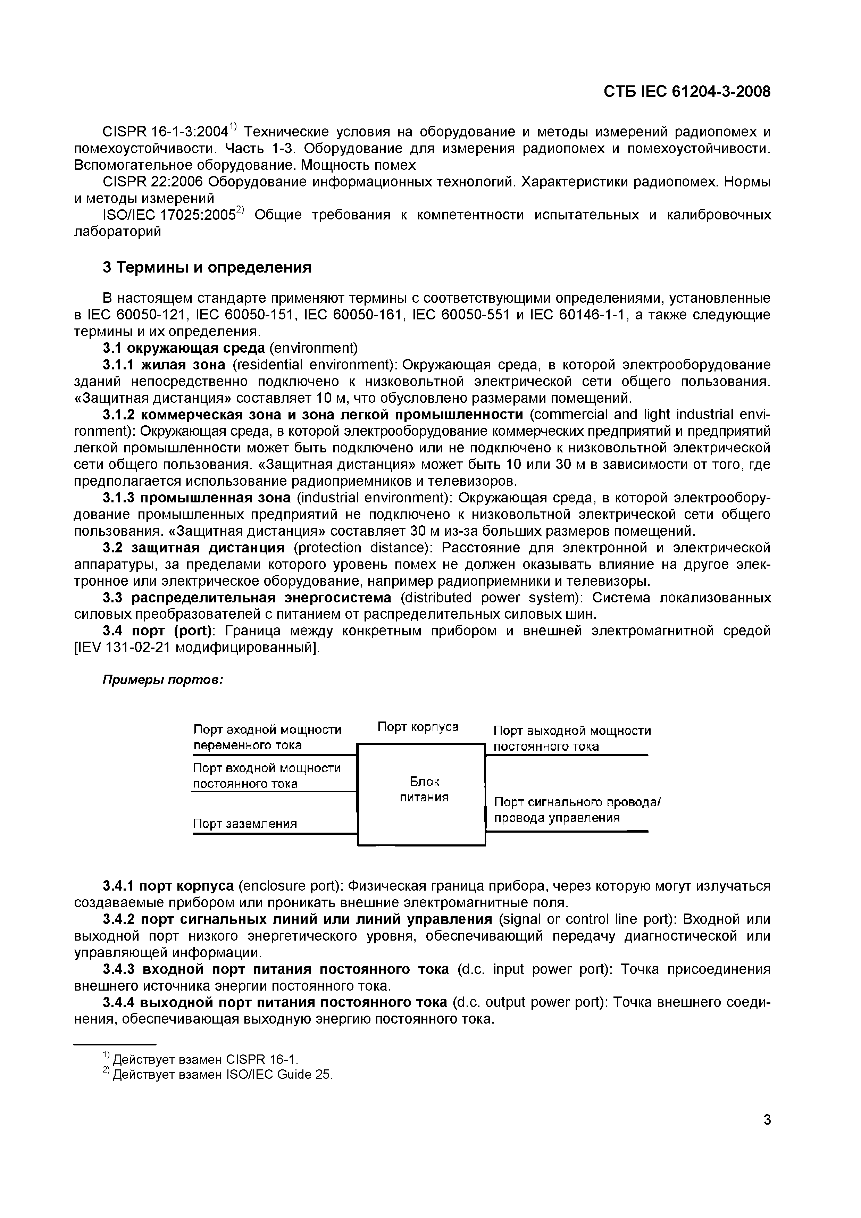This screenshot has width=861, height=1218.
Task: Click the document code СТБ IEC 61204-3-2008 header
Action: [x=686, y=92]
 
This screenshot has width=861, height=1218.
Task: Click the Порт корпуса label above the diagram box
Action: [x=418, y=726]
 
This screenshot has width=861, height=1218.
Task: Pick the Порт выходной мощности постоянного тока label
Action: [x=572, y=739]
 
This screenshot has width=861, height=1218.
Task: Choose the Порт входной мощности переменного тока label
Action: [x=267, y=737]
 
